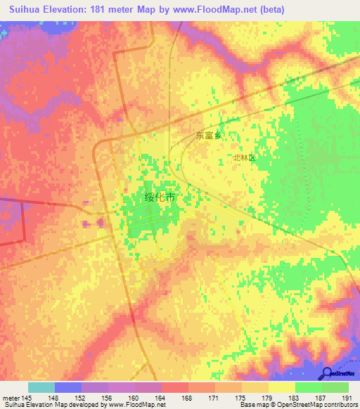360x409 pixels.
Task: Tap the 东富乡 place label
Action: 207,136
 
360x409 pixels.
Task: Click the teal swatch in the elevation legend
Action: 41,387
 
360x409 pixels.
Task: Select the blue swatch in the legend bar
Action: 67,387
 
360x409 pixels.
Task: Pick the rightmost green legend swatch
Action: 335,387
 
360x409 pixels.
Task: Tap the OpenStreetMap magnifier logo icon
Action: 327,374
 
